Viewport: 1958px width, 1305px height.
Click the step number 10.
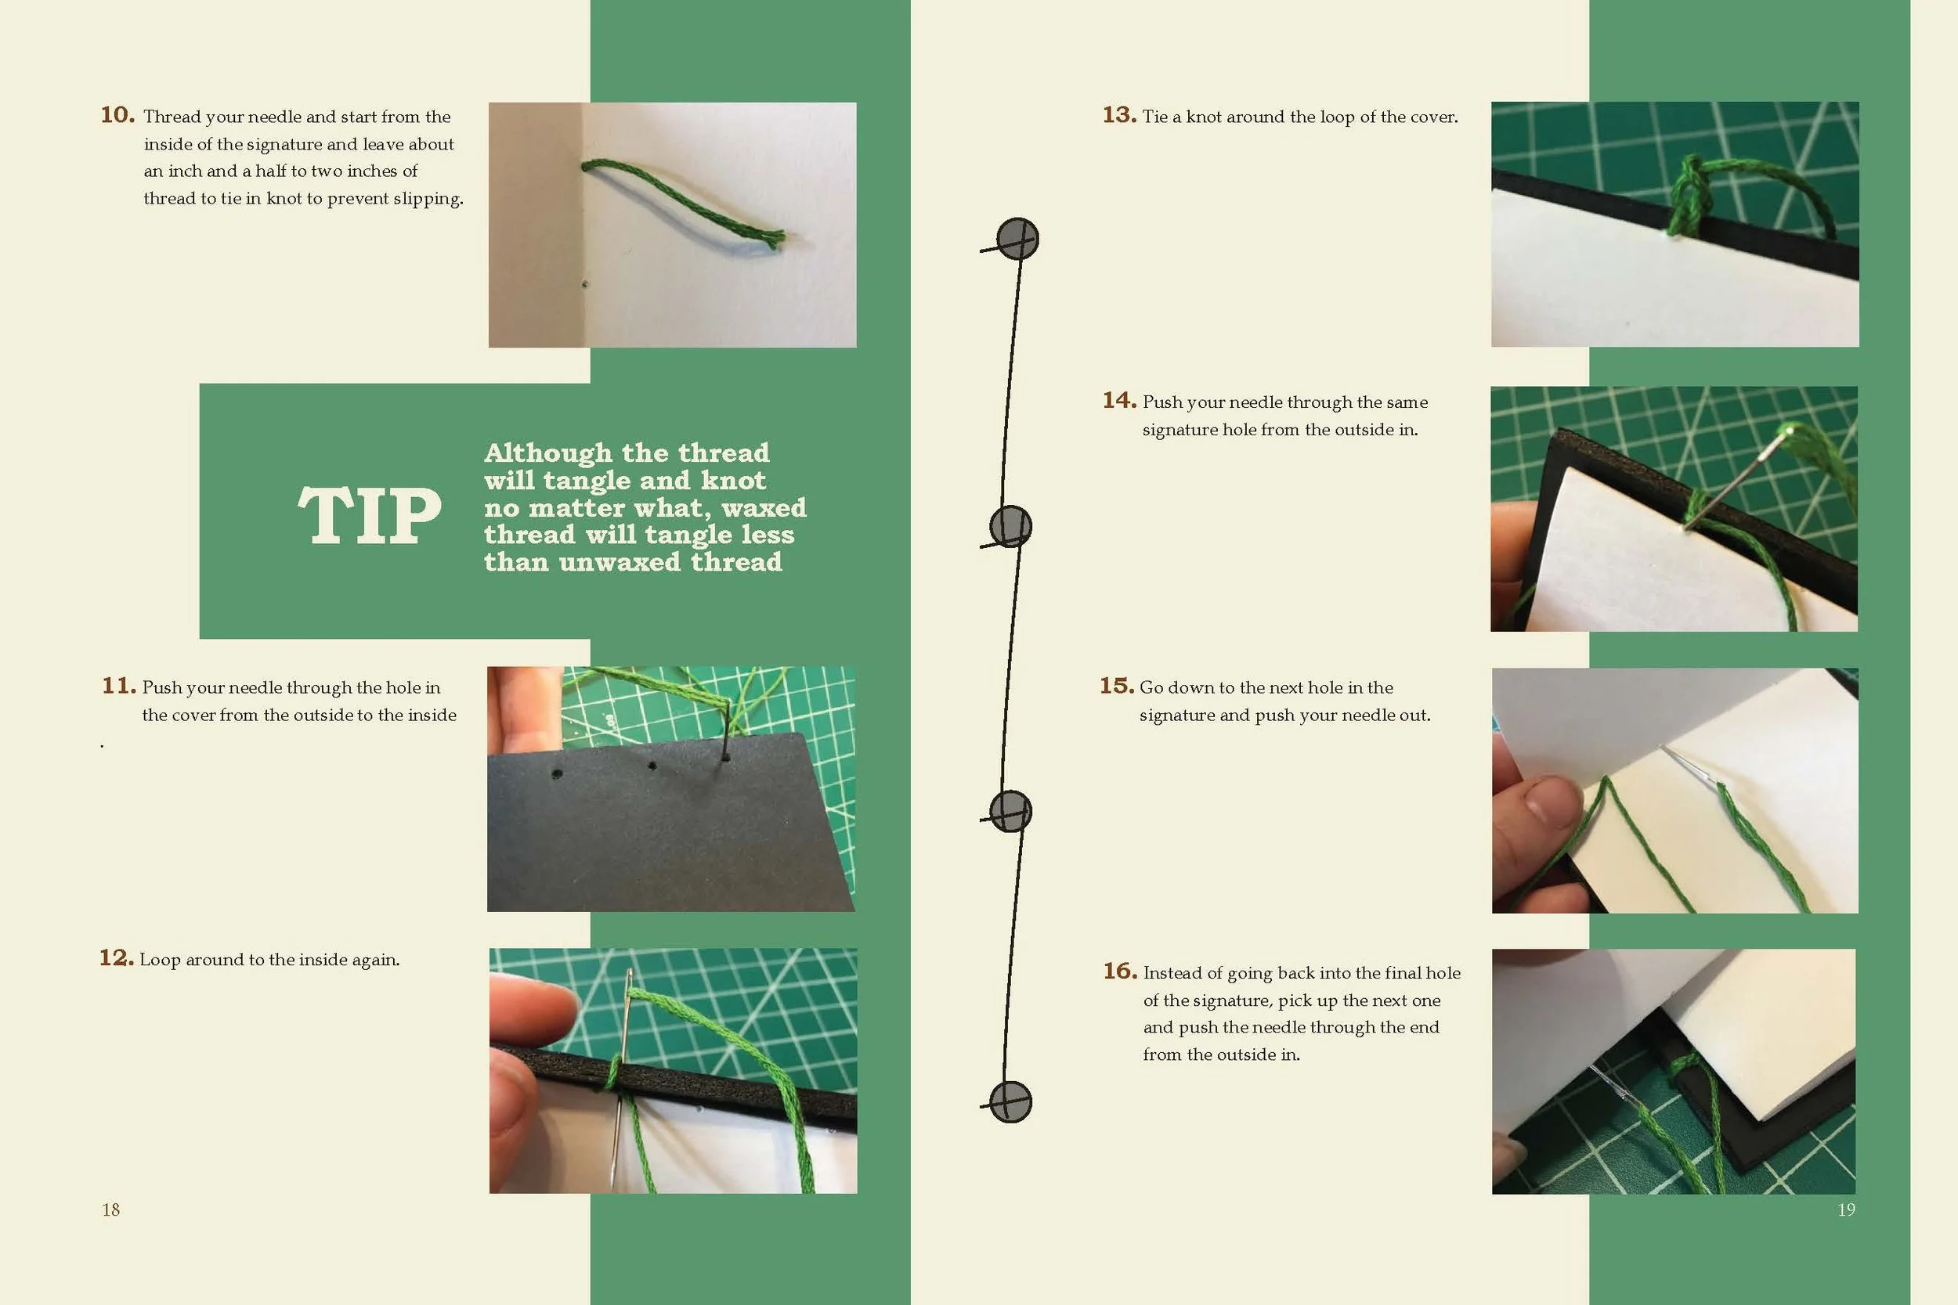(117, 115)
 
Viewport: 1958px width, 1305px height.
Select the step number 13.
(1119, 115)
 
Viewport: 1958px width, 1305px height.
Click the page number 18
(110, 1209)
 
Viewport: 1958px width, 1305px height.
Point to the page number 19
(1846, 1209)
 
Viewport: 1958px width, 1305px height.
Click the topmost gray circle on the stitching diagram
(1017, 239)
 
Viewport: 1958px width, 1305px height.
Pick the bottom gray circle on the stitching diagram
(1010, 1102)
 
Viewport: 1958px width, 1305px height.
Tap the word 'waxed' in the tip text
(764, 508)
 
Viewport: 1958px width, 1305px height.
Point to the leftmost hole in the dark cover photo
(557, 774)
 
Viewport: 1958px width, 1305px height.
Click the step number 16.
(1120, 972)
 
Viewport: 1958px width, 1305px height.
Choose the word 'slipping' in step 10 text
(431, 199)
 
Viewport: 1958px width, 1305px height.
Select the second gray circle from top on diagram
(1010, 526)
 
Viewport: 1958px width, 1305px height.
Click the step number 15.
(1116, 686)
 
